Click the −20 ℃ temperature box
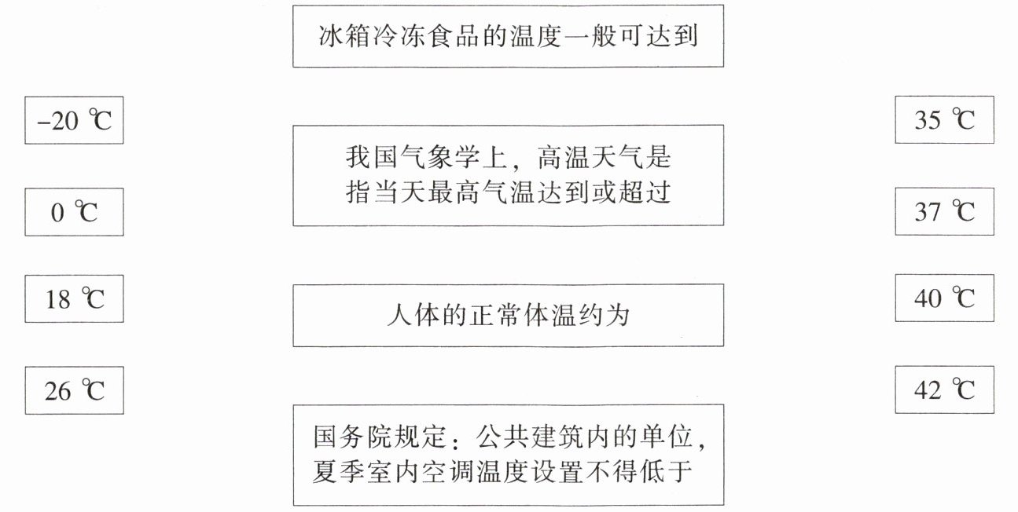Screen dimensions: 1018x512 pos(74,120)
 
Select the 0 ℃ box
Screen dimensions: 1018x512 pos(74,212)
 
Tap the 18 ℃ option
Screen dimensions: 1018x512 pos(74,298)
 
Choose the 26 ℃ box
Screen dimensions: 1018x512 pos(74,390)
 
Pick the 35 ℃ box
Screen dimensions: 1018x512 pos(944,119)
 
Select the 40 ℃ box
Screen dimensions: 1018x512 pos(944,298)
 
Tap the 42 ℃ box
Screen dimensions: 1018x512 pos(944,389)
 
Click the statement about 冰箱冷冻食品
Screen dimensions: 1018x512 pos(508,36)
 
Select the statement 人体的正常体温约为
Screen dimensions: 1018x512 pos(508,315)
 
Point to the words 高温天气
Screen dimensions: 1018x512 pos(605,158)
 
